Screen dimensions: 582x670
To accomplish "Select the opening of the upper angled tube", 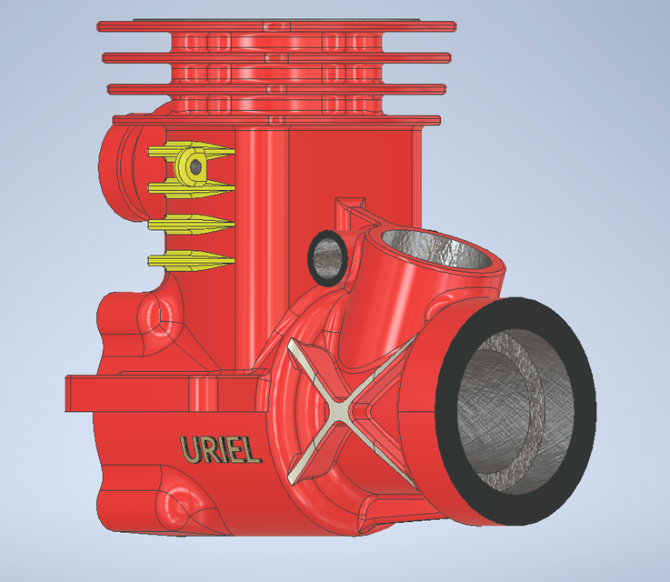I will [x=441, y=247].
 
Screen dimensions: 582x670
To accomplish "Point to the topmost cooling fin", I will [x=277, y=25].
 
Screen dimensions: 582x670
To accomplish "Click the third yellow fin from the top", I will [x=192, y=224].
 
